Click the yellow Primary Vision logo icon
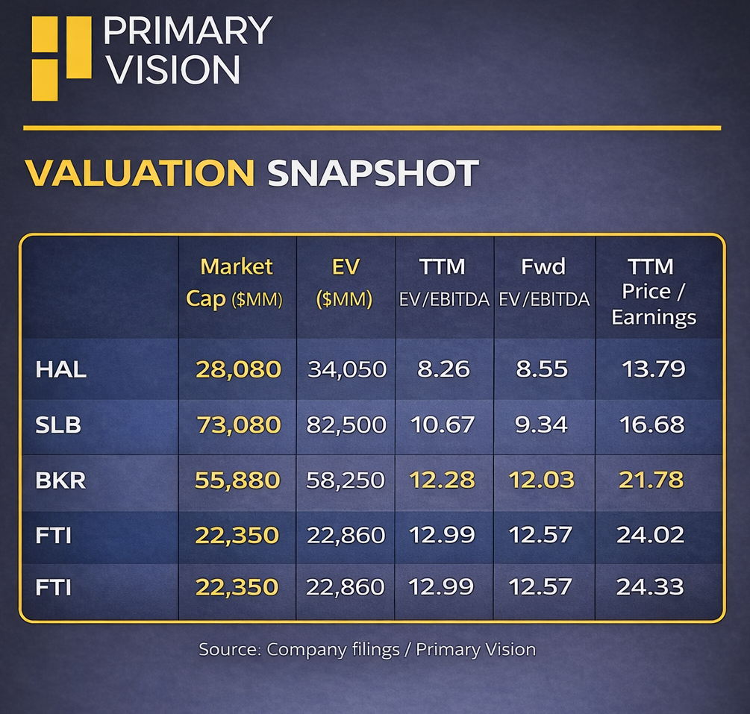[60, 57]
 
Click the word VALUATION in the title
[140, 173]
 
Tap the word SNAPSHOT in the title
[372, 173]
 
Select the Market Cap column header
[237, 283]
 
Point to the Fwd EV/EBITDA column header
[543, 283]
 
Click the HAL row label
[60, 369]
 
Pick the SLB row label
[58, 425]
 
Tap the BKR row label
[60, 480]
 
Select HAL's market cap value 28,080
[238, 369]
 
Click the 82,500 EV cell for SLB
[346, 425]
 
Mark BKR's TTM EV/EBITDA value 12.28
[443, 480]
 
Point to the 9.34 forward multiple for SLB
[543, 425]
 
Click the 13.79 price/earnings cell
[652, 369]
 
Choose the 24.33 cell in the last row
[650, 587]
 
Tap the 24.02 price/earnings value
[650, 535]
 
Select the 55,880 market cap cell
[237, 480]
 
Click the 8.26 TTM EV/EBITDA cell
[443, 369]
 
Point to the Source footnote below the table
[367, 650]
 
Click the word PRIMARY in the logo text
[187, 31]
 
